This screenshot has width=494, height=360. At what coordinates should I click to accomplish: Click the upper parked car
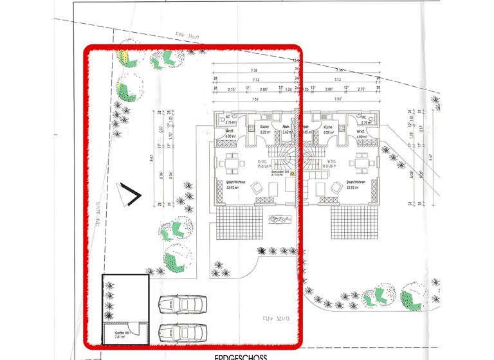[x=181, y=303]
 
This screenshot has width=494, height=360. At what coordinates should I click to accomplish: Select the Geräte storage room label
[x=122, y=334]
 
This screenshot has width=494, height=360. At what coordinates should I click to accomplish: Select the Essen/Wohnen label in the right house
[x=356, y=183]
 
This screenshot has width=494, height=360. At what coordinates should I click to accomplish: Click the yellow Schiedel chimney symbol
[x=293, y=172]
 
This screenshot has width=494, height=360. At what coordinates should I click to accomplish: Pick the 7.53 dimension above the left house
[x=255, y=100]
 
